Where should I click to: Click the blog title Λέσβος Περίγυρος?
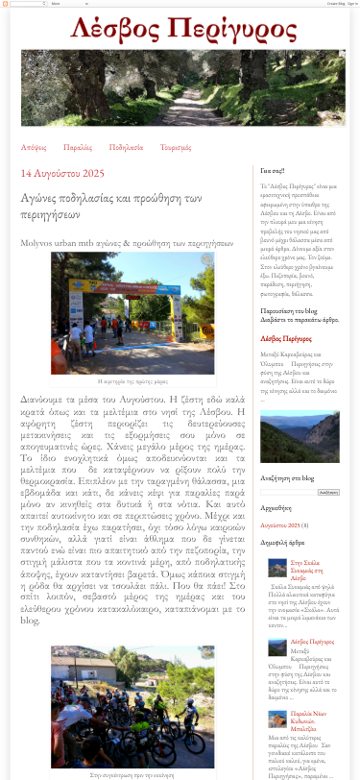pyautogui.click(x=180, y=30)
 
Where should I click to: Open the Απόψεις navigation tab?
pyautogui.click(x=34, y=147)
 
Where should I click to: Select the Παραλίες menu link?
pyautogui.click(x=78, y=147)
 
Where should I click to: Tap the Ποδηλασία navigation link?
pyautogui.click(x=126, y=147)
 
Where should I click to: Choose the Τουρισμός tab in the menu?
pyautogui.click(x=176, y=147)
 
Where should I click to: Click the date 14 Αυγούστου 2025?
pyautogui.click(x=62, y=174)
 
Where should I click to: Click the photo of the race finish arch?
pyautogui.click(x=132, y=313)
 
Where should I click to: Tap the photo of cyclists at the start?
pyautogui.click(x=132, y=705)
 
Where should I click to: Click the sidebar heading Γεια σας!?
pyautogui.click(x=273, y=172)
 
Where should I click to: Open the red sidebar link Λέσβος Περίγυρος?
pyautogui.click(x=286, y=338)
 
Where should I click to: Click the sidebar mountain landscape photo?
pyautogui.click(x=300, y=437)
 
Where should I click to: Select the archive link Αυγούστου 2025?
pyautogui.click(x=280, y=525)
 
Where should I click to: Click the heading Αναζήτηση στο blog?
pyautogui.click(x=287, y=477)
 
